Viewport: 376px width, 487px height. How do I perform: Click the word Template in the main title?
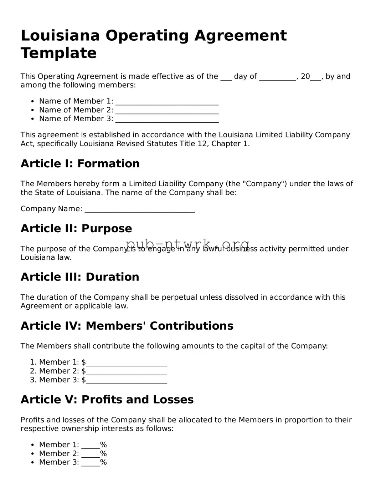(x=58, y=53)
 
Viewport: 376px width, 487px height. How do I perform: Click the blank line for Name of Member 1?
(x=167, y=102)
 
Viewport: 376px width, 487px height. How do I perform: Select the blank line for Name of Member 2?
(x=167, y=111)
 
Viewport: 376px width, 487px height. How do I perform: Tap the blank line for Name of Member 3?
(x=167, y=119)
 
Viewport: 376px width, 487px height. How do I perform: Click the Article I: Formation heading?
(x=80, y=164)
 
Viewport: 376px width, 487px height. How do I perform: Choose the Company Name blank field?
(x=140, y=209)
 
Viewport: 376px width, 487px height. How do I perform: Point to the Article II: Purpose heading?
(x=76, y=229)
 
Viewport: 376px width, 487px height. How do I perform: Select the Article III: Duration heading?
(x=80, y=277)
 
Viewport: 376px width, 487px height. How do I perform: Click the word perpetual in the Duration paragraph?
(x=180, y=297)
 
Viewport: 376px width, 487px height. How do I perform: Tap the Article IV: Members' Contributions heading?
(x=127, y=326)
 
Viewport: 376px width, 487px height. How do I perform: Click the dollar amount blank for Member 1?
(x=127, y=363)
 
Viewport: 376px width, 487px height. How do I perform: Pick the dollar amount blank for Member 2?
(x=127, y=372)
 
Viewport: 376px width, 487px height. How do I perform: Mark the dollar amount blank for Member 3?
(x=127, y=380)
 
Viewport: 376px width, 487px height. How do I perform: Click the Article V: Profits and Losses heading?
(x=107, y=400)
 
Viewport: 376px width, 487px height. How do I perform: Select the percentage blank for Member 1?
(x=91, y=445)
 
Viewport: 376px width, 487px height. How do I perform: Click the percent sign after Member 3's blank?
(x=103, y=462)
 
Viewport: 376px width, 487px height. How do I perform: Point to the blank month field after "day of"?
(x=277, y=77)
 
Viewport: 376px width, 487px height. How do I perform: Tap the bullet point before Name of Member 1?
(x=33, y=102)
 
